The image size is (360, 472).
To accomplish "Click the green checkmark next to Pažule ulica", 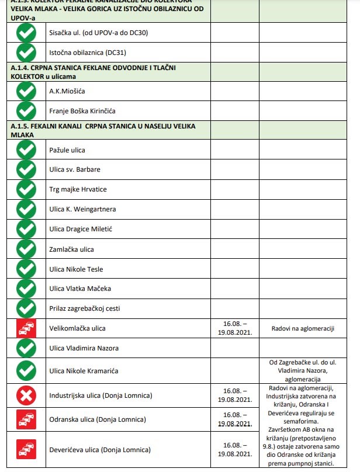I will point(26,150).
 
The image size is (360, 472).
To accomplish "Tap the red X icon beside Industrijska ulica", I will point(26,396).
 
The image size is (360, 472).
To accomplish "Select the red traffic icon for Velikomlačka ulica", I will point(26,329).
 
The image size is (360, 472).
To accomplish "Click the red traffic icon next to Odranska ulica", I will point(26,419).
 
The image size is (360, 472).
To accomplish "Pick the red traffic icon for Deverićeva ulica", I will point(26,450).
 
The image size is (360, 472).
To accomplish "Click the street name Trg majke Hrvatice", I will point(78,189).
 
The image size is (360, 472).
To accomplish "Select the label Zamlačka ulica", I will point(71,249).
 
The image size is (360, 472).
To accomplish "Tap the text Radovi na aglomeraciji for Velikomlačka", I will point(303,329).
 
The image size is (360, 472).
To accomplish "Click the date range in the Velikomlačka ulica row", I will point(236,329).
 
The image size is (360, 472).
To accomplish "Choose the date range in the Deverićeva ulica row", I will point(236,449).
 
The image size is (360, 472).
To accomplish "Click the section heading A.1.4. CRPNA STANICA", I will point(94,72).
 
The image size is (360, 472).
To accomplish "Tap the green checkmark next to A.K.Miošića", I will point(26,92).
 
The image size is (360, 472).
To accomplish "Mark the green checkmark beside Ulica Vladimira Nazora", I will point(26,348).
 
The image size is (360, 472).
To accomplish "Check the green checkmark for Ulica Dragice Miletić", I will point(26,229).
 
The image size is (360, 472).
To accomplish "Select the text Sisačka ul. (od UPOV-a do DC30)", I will point(98,33).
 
